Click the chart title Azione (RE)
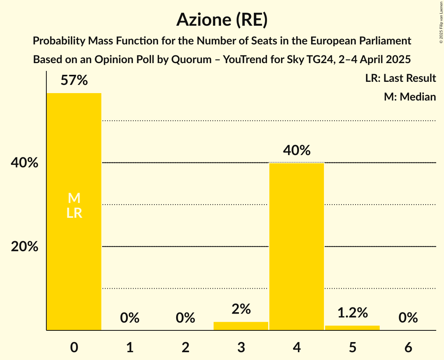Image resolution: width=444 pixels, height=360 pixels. pos(222,20)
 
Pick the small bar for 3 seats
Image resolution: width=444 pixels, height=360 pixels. pos(241,326)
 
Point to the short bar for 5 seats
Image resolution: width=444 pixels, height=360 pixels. pos(352,328)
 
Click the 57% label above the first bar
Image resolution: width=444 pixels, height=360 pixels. pos(74,81)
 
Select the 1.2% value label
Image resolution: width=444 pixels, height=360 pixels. pos(352,312)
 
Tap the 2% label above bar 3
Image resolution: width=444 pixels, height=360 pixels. pos(241,309)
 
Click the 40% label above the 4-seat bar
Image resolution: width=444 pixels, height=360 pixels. pos(297,150)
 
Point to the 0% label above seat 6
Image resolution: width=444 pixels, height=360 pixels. pos(408,318)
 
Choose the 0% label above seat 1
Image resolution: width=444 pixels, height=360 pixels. pos(130,318)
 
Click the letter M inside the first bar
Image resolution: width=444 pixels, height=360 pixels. pos(74,198)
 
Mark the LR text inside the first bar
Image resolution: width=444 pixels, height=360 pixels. pos(74,213)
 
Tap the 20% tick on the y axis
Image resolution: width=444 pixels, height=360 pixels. pos(25,247)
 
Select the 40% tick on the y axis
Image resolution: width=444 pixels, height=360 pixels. pos(25,163)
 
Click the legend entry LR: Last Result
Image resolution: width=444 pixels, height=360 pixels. pos(400,78)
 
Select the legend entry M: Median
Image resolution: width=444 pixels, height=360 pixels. pos(410,97)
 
